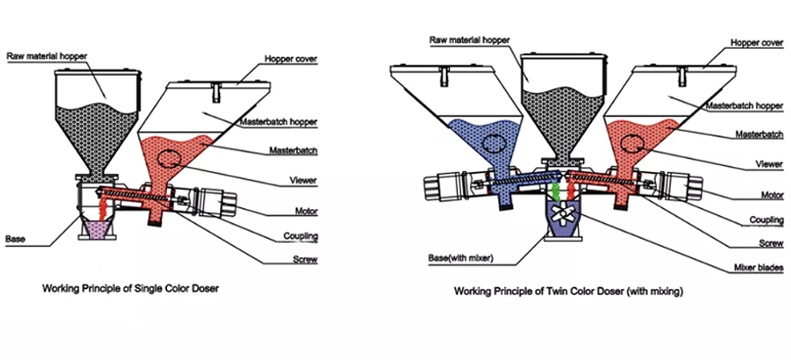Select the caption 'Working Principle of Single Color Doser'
point(130,289)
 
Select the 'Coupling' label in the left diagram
point(302,236)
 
